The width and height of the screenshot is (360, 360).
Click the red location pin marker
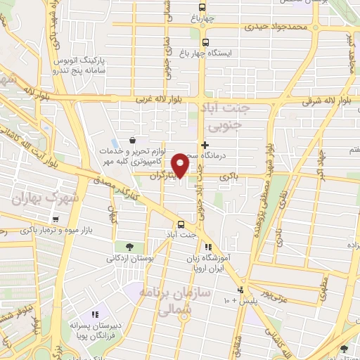(181, 165)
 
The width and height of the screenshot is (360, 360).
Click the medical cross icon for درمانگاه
(205, 145)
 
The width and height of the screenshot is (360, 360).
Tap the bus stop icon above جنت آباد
(181, 224)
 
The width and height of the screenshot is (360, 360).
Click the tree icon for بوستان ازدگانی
(129, 246)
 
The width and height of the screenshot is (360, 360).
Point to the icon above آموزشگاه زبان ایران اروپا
(208, 247)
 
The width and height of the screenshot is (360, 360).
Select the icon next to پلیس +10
(240, 290)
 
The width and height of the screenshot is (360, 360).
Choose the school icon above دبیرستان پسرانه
(96, 314)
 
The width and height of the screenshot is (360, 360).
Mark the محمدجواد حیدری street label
(276, 26)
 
